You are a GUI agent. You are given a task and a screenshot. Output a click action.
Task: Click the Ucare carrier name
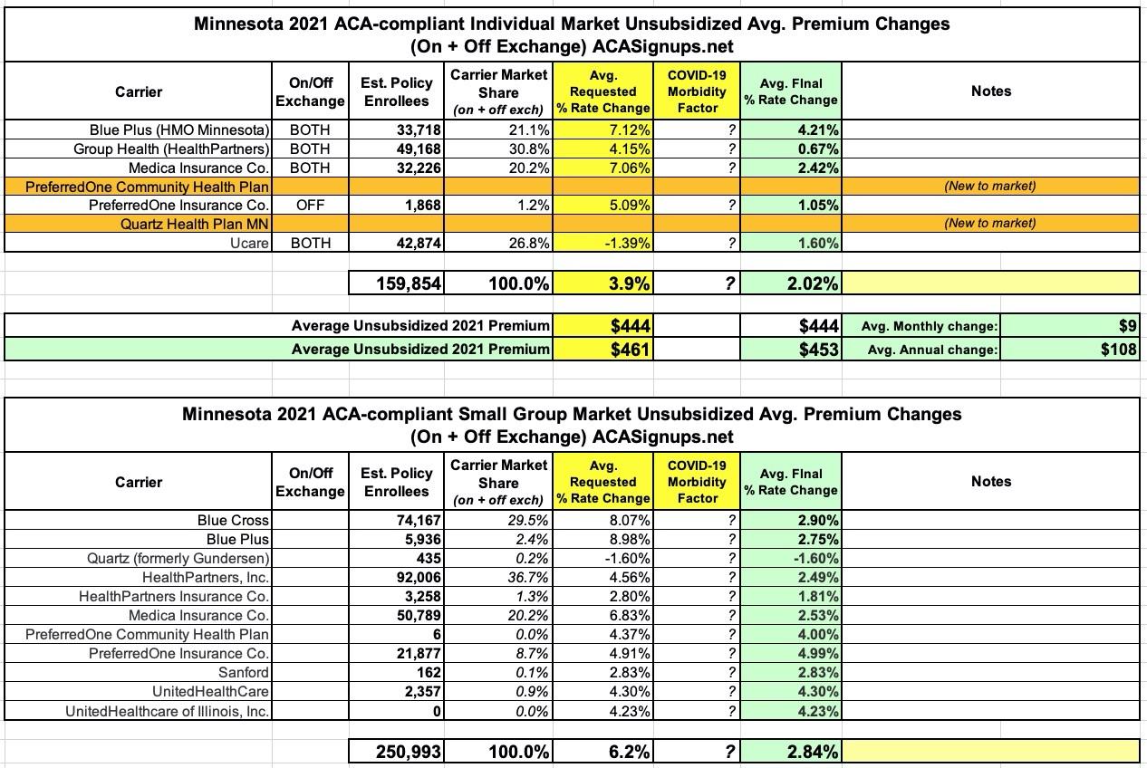click(x=249, y=243)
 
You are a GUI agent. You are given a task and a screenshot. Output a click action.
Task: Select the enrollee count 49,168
click(x=419, y=149)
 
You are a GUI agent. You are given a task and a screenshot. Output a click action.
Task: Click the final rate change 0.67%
click(x=816, y=149)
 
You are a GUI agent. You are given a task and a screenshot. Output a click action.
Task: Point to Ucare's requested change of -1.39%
click(x=625, y=243)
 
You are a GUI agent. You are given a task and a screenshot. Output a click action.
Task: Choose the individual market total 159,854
click(x=409, y=283)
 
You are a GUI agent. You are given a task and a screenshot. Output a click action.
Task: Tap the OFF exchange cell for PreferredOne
click(x=310, y=205)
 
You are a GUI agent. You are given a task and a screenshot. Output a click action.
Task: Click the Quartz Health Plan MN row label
click(x=195, y=223)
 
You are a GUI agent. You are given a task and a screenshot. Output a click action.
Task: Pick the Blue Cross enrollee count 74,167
click(x=419, y=521)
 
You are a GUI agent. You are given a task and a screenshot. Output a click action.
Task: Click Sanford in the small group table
click(x=244, y=673)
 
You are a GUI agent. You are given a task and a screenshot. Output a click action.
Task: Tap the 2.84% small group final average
click(x=813, y=752)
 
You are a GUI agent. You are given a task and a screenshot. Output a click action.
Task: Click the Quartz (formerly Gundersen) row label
click(x=178, y=559)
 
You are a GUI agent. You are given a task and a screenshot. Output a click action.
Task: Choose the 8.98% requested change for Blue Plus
click(x=625, y=540)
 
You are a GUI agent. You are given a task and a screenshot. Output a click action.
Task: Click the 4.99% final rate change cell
click(x=816, y=654)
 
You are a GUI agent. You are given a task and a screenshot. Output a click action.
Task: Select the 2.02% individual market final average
click(x=813, y=283)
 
